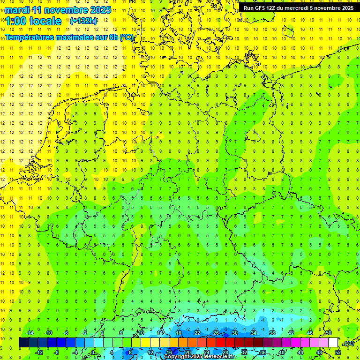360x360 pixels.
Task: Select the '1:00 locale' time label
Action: click(34, 21)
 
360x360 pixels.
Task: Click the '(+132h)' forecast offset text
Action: click(83, 21)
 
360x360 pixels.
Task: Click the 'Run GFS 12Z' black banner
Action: click(298, 8)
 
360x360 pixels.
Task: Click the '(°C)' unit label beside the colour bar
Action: click(348, 344)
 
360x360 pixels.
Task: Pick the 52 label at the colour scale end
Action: click(338, 352)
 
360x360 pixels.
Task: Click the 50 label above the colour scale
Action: click(329, 333)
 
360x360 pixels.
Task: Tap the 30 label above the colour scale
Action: click(235, 333)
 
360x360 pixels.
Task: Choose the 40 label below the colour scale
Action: click(282, 352)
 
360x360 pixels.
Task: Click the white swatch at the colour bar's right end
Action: click(333, 343)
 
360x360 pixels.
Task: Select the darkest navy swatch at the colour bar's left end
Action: click(23, 343)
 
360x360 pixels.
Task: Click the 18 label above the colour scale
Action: click(179, 333)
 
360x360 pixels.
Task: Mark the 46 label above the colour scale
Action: click(310, 333)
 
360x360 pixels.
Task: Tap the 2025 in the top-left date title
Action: click(99, 10)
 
